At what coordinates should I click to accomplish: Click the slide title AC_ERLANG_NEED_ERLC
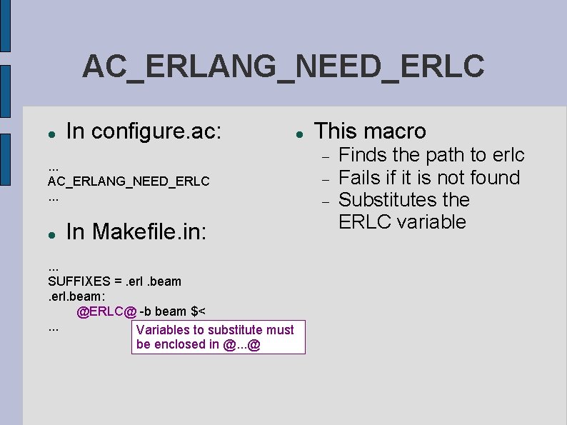pos(283,66)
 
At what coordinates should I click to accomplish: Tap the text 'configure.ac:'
pos(157,131)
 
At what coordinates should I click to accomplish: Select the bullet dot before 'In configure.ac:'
pos(52,134)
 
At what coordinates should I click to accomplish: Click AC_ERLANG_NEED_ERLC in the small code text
pos(129,181)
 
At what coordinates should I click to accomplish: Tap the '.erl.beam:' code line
pos(76,296)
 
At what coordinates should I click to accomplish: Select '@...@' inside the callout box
pos(241,345)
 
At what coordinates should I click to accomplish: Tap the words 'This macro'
pos(370,131)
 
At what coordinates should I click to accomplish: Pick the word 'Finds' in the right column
pos(362,155)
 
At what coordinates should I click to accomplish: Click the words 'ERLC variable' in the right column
pos(402,221)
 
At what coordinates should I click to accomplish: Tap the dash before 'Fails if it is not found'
pos(325,178)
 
